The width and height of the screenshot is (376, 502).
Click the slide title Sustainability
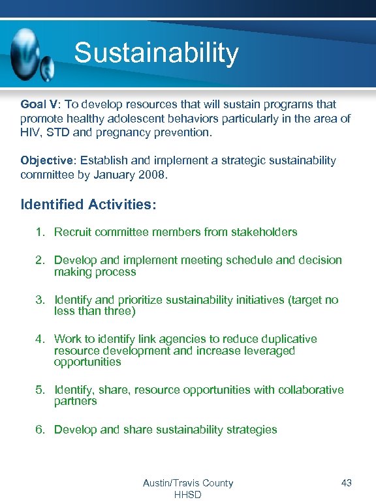click(156, 53)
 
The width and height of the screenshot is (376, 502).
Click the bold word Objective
click(46, 160)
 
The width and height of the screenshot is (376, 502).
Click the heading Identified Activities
click(88, 204)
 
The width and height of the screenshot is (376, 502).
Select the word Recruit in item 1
click(74, 232)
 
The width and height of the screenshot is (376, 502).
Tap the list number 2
click(40, 260)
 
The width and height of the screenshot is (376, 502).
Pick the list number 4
click(40, 339)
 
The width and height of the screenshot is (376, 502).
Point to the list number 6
click(40, 430)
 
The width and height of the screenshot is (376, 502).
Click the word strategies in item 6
click(251, 430)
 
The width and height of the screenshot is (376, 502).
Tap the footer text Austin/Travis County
click(187, 483)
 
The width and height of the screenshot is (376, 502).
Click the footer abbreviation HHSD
click(187, 495)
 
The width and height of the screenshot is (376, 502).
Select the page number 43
click(346, 483)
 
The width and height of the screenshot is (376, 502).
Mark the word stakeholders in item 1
click(264, 232)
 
